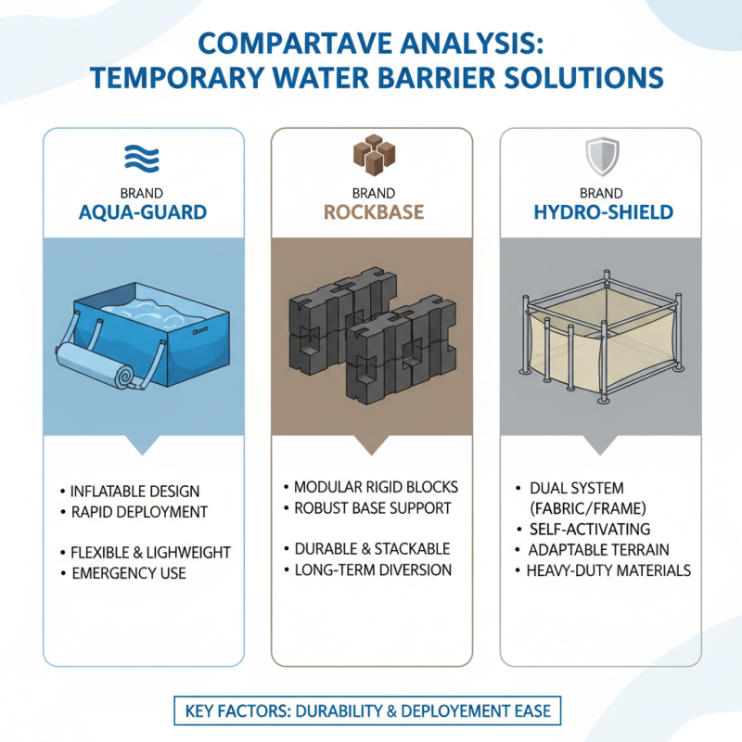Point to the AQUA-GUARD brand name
coord(143,212)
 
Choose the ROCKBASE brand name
coord(373,212)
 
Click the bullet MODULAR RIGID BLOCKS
coord(376,487)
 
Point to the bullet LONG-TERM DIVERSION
coord(372,569)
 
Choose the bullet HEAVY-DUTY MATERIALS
coord(608,570)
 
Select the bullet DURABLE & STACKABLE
coord(371,548)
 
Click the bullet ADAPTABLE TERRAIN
coord(600,550)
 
